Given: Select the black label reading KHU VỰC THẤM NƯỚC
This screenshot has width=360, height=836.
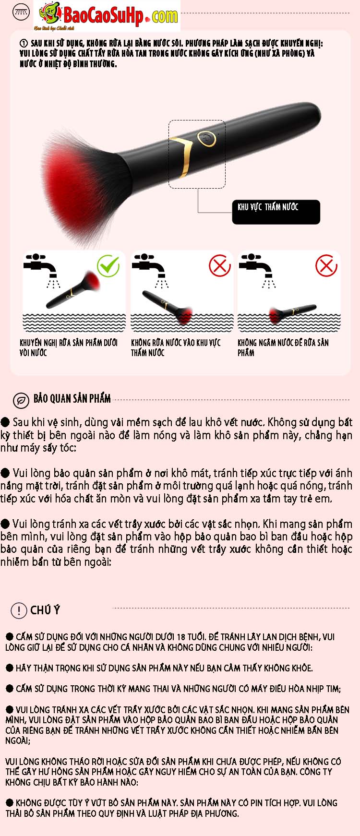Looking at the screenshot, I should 276,212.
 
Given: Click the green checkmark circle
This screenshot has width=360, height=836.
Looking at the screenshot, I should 108,265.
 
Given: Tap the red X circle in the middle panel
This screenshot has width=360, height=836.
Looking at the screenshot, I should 220,265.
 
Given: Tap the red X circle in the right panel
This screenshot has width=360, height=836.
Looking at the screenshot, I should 326,265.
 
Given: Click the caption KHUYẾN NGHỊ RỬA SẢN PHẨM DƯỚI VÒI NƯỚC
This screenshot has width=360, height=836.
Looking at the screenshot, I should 68,347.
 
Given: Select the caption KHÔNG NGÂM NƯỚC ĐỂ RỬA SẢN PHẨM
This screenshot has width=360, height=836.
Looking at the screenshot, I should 283,347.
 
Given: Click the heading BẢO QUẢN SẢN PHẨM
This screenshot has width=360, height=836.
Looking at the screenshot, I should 72,398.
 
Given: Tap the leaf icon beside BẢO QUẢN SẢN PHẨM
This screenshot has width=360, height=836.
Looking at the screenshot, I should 21,400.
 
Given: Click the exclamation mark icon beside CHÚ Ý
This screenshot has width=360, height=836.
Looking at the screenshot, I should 19,610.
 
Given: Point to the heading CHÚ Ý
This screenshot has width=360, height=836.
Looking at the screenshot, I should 45,610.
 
